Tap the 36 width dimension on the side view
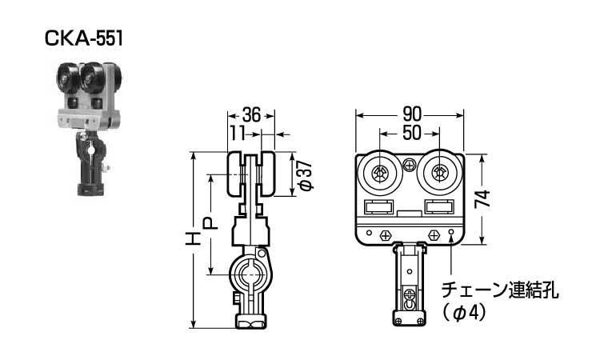tap(251, 116)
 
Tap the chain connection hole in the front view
tap(452, 234)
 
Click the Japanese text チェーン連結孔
tap(499, 289)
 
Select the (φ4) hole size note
tap(464, 313)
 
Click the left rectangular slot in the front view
tap(380, 208)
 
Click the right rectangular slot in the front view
tap(438, 208)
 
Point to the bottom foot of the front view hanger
tap(409, 321)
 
